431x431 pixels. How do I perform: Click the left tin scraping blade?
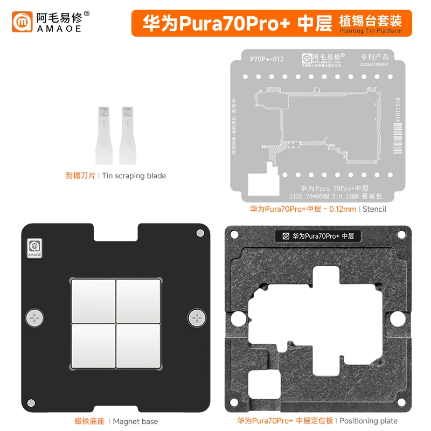coord(104,135)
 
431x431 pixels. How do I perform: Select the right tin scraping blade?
coord(128,135)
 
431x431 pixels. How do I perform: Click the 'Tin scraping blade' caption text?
coord(134,176)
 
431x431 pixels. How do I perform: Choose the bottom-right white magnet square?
coord(138,345)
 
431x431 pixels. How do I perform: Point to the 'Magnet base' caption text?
coord(135,421)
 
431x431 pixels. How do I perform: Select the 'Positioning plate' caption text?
coord(369,421)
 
